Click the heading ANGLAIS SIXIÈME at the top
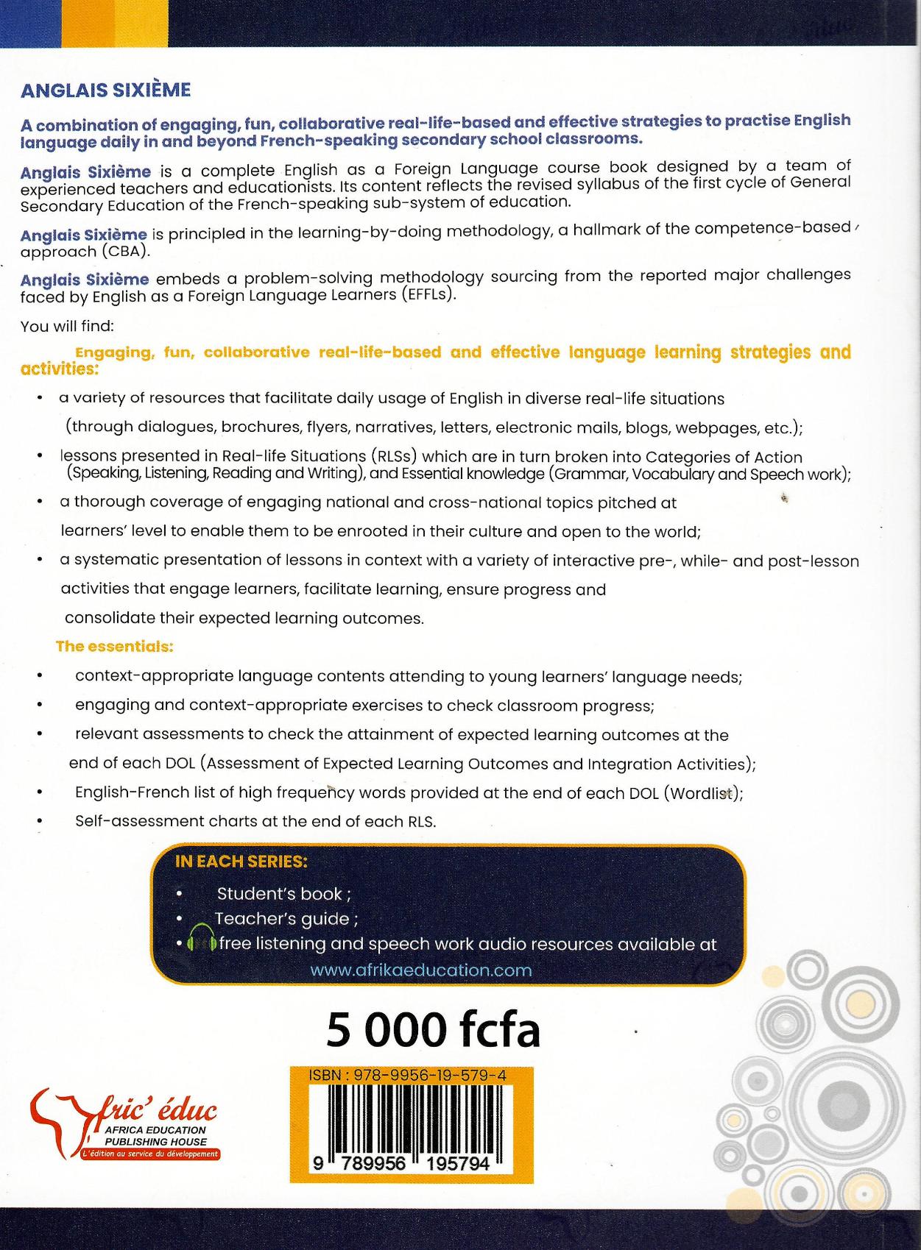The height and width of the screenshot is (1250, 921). [105, 90]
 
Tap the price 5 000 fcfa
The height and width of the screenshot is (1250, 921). [433, 1030]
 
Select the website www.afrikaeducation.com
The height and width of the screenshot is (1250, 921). [421, 970]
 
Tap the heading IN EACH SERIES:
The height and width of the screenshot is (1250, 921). [241, 862]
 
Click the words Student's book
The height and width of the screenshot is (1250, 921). [280, 894]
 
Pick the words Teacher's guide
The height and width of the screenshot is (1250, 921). [282, 919]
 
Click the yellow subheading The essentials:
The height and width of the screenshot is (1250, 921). [114, 647]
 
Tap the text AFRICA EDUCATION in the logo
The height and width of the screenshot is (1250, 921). [155, 1129]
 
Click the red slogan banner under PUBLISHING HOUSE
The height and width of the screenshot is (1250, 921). [151, 1154]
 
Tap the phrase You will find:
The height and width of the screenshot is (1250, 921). [67, 325]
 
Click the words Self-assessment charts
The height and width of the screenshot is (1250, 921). [161, 821]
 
